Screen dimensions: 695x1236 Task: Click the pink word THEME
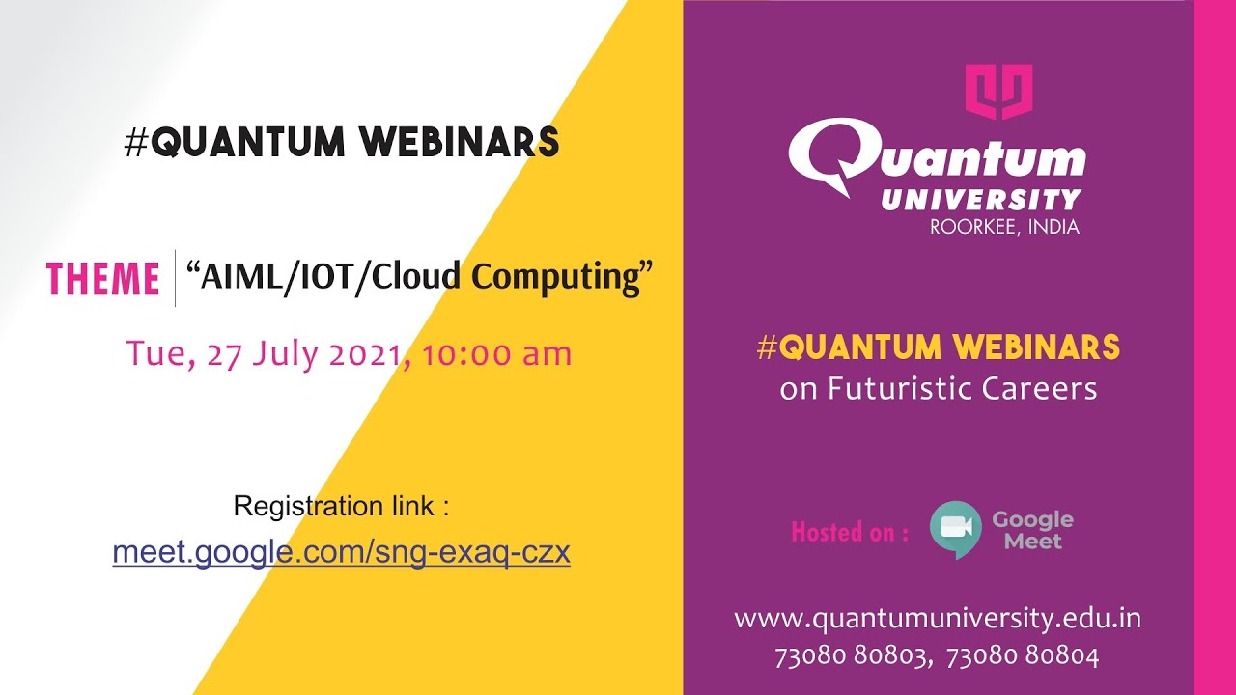103,279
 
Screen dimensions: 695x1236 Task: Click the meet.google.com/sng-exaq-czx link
341,552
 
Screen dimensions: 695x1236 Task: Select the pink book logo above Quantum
999,92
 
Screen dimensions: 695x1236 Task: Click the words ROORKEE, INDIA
1004,228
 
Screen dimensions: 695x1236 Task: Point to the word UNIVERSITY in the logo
980,200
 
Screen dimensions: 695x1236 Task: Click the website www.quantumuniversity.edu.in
938,618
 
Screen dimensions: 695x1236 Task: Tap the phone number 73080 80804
1023,657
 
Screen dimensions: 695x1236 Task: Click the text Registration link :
341,506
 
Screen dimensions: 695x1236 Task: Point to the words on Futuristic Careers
938,388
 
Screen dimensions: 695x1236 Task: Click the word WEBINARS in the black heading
459,143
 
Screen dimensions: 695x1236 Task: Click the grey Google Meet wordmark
1032,530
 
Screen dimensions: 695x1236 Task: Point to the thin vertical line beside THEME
175,278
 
